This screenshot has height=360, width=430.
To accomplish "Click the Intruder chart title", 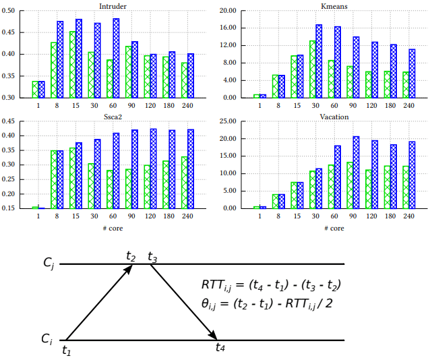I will click(x=113, y=5).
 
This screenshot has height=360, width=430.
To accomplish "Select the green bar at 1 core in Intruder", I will click(x=35, y=89).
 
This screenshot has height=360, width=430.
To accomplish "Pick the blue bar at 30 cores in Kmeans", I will click(x=319, y=61).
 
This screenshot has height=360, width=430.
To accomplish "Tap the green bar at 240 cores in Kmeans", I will click(x=406, y=84).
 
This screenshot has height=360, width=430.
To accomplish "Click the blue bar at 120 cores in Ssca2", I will click(x=153, y=168).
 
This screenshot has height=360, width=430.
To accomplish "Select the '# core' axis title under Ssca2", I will click(x=113, y=228).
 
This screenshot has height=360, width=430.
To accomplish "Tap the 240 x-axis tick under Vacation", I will click(x=408, y=216).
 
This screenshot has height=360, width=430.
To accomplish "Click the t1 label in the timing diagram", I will click(x=66, y=350).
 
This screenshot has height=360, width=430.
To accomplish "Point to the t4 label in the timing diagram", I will click(x=220, y=347).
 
